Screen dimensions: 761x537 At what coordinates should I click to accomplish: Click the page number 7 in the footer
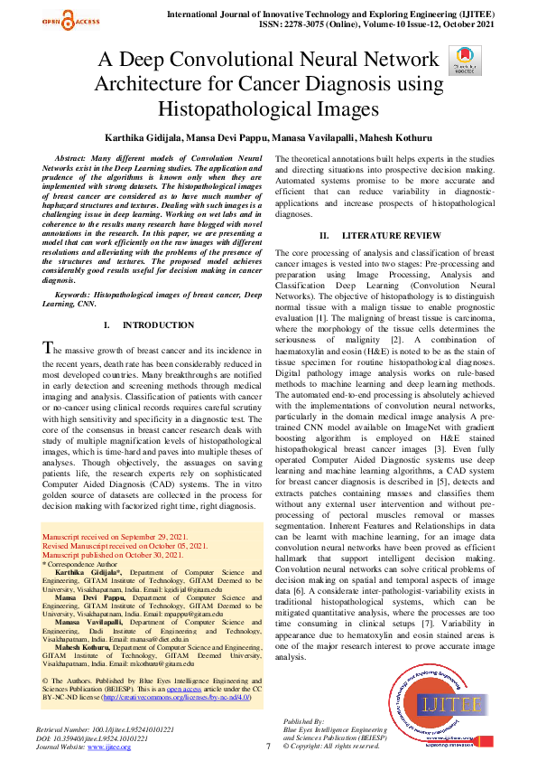[268, 746]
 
